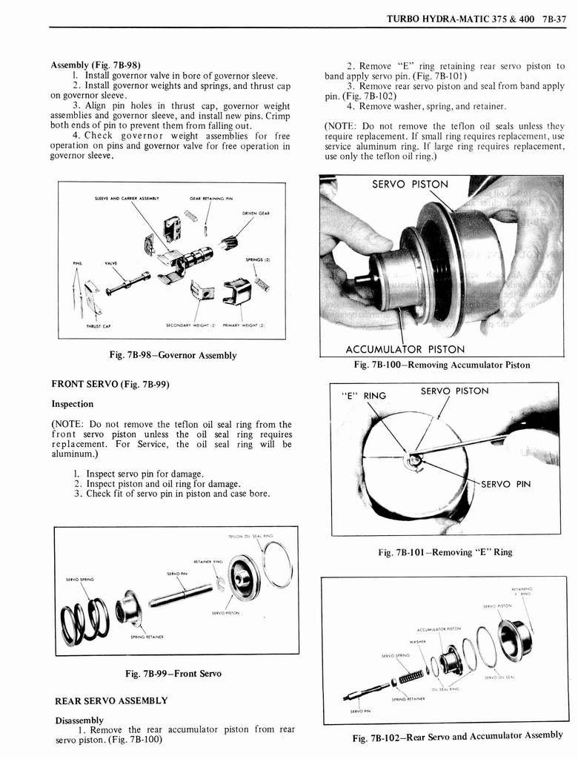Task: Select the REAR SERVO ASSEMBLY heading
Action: tap(111, 700)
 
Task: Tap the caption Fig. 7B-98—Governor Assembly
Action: tap(172, 355)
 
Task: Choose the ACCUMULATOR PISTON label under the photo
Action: tap(405, 349)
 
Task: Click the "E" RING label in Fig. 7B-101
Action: tap(363, 395)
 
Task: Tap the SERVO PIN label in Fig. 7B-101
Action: tap(505, 485)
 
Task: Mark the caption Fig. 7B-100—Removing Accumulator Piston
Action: tap(442, 365)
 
